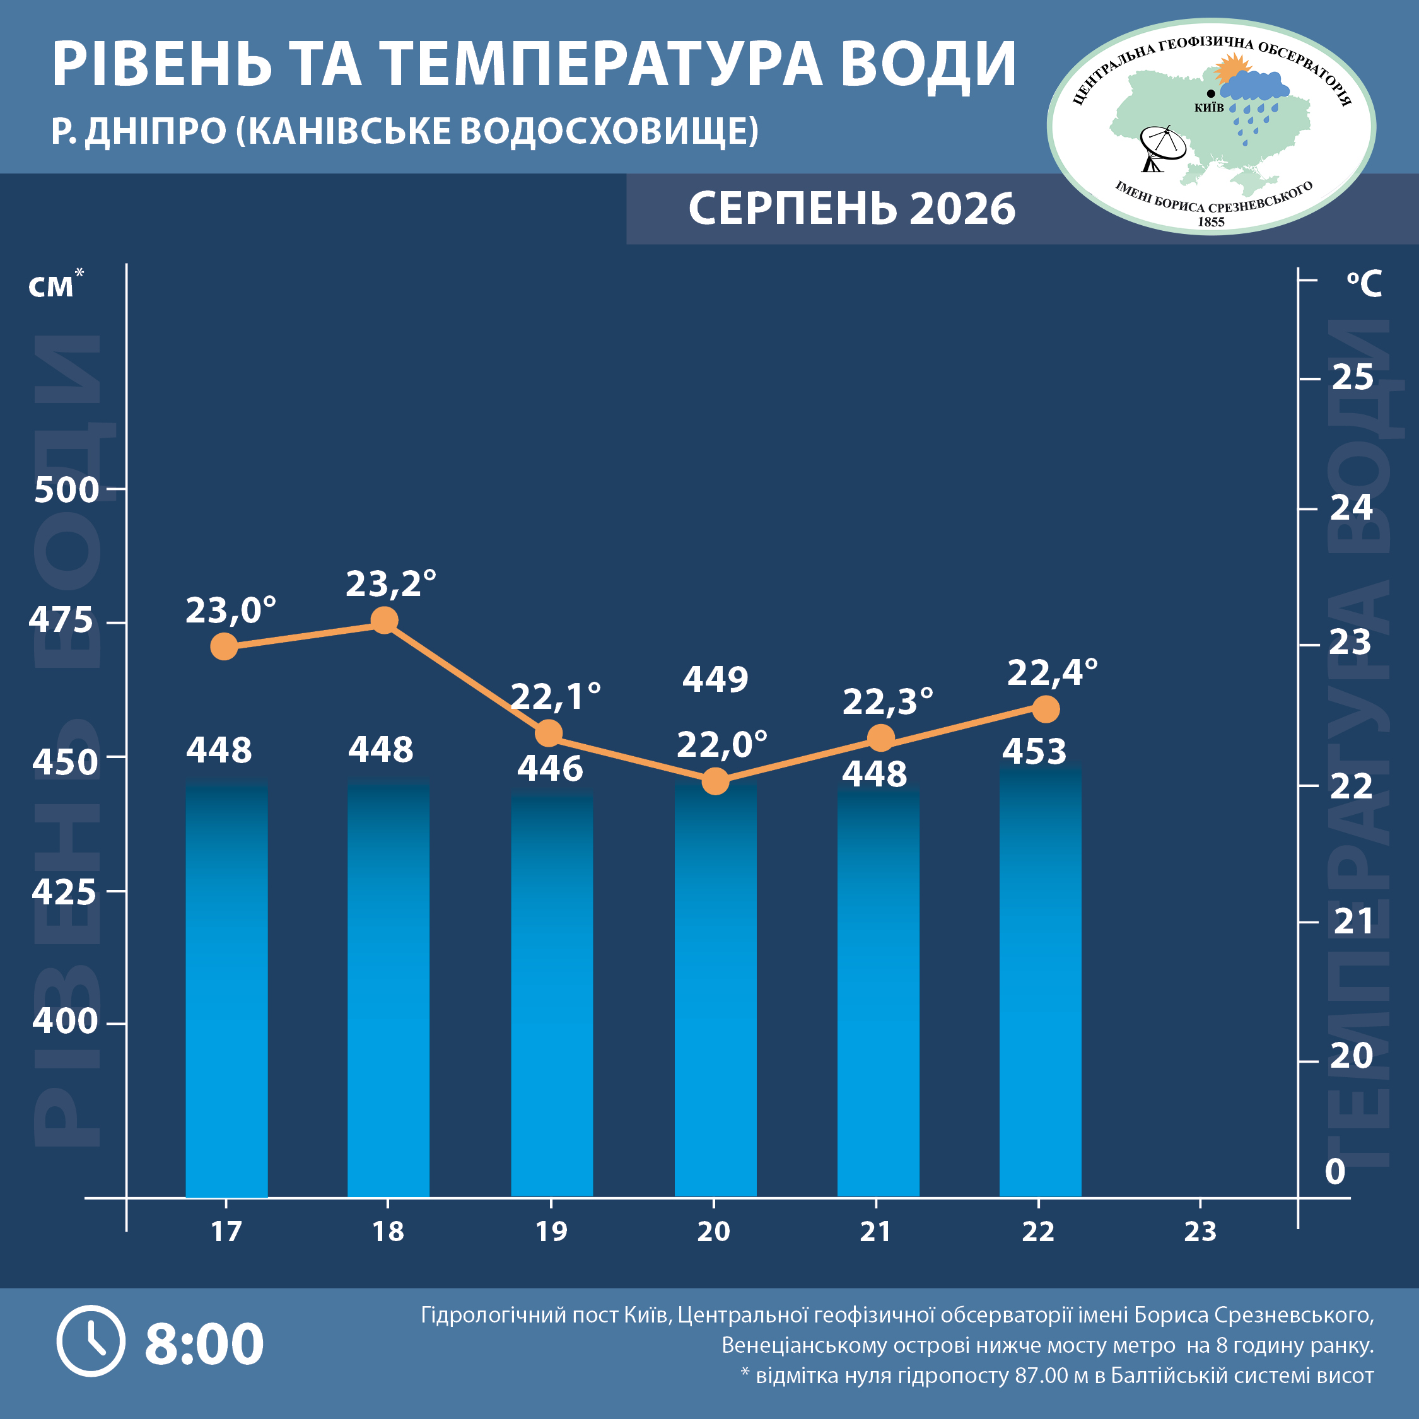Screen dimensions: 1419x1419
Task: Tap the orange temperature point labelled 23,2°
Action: (x=384, y=621)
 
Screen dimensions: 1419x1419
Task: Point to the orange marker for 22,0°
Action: (x=715, y=781)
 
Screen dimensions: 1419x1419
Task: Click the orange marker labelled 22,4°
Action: (x=1046, y=709)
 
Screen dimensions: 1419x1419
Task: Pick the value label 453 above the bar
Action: (x=1034, y=750)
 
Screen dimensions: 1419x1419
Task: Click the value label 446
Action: (x=550, y=768)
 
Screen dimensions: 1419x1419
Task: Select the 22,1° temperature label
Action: (x=556, y=697)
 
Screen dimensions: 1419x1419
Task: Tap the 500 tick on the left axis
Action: (x=66, y=490)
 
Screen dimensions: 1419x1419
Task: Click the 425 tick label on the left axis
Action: (x=64, y=892)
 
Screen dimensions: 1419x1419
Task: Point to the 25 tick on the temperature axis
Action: (x=1352, y=378)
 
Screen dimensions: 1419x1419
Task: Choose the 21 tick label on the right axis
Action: (x=1353, y=921)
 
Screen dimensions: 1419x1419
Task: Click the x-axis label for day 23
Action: (x=1200, y=1231)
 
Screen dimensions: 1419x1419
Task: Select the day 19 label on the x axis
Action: (x=552, y=1231)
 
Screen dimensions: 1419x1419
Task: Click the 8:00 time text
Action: (x=204, y=1343)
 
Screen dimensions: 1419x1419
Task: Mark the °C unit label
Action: (x=1364, y=284)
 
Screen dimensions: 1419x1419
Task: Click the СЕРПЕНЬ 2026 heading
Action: (x=852, y=209)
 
